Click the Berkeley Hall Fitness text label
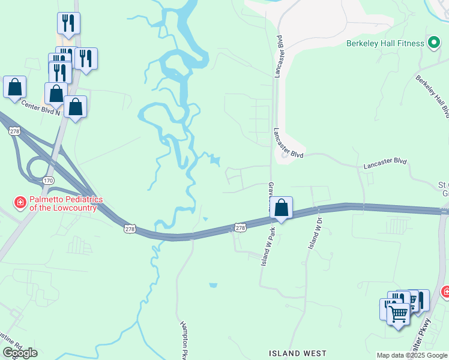385,43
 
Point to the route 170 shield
49,181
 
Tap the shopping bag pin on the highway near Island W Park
281,208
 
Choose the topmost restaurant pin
68,23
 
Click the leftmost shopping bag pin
14,86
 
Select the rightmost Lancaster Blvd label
386,161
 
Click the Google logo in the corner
20,353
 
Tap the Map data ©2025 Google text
411,355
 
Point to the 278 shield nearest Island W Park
240,228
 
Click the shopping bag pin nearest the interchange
75,107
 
